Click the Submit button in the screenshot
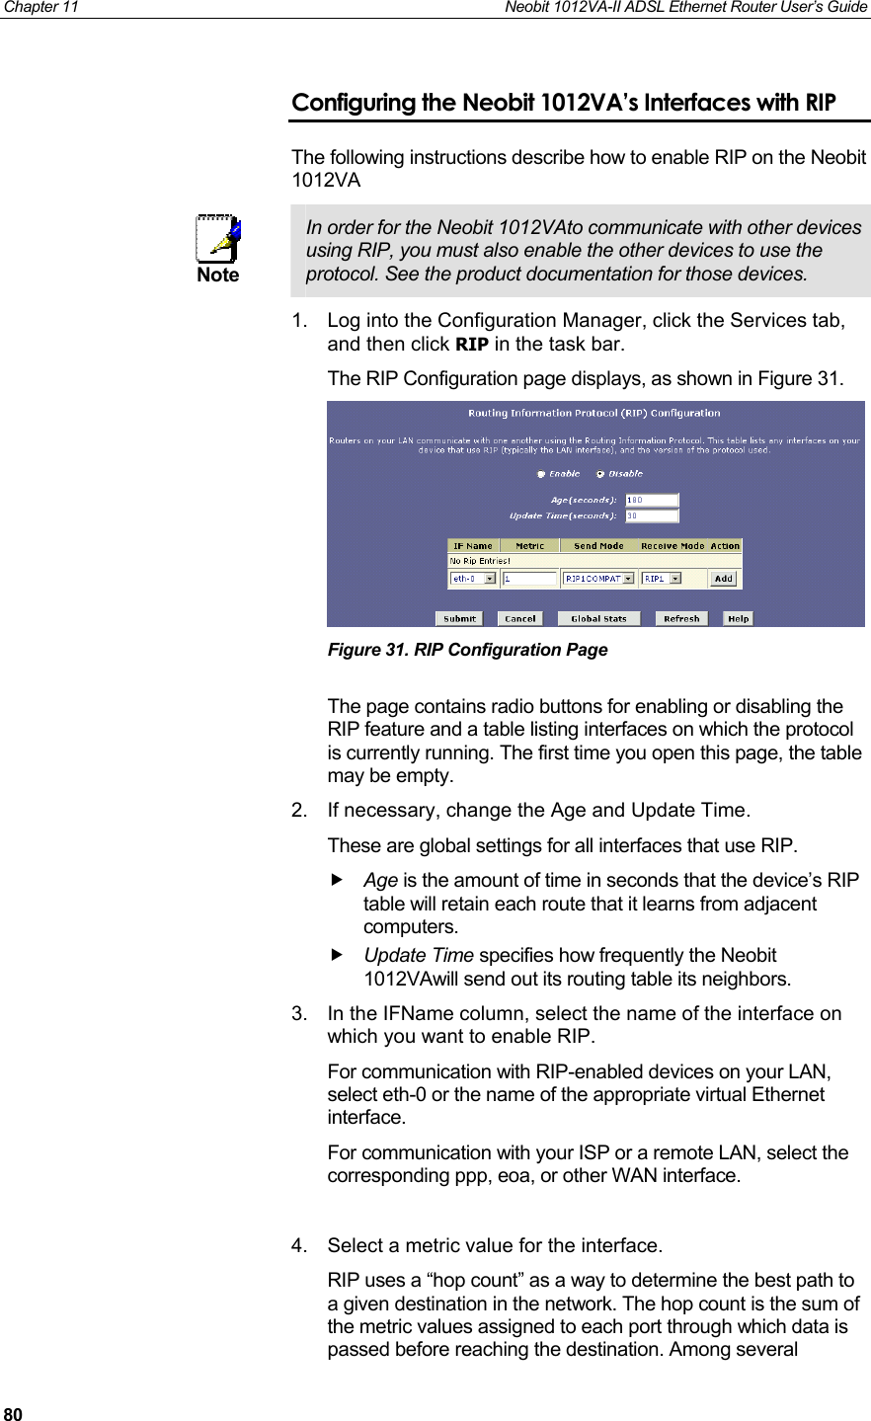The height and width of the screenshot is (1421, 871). pos(459,619)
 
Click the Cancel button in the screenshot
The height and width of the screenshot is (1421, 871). pos(519,619)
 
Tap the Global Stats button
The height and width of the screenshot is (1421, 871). pos(598,619)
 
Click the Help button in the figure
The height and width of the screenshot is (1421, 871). pos(738,619)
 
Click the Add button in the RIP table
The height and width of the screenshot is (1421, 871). pos(724,579)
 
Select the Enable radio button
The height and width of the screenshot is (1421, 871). pos(541,474)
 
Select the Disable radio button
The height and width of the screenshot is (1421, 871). pos(600,474)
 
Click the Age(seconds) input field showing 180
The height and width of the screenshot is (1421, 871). pos(652,500)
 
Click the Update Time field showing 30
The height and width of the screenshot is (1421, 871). pos(652,515)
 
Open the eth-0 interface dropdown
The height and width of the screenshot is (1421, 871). pos(490,579)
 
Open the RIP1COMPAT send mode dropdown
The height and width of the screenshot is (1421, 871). pos(628,579)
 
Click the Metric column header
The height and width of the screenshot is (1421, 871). pos(529,546)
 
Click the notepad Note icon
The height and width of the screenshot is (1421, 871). pos(218,239)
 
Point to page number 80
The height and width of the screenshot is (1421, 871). pos(13,1412)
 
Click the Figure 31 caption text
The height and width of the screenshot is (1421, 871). pos(467,650)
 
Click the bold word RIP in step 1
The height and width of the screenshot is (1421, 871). pos(471,345)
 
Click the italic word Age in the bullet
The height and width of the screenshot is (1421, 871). pos(380,880)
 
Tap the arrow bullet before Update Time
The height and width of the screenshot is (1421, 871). pos(337,955)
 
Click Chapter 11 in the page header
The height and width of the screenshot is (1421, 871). pos(40,7)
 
